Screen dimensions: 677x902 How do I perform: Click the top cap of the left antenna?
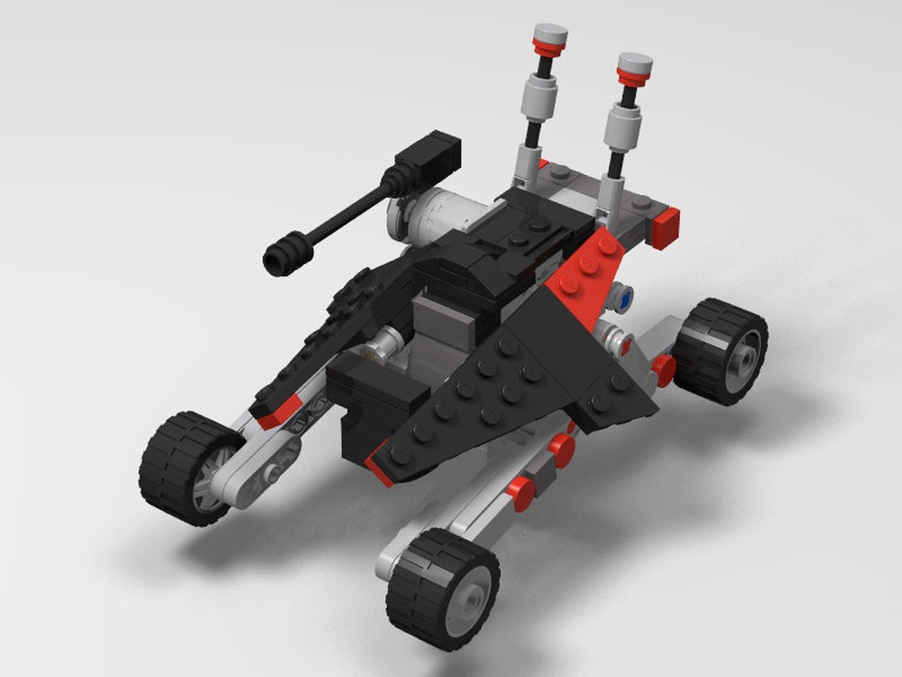(549, 37)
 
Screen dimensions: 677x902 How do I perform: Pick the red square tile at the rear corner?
(666, 227)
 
